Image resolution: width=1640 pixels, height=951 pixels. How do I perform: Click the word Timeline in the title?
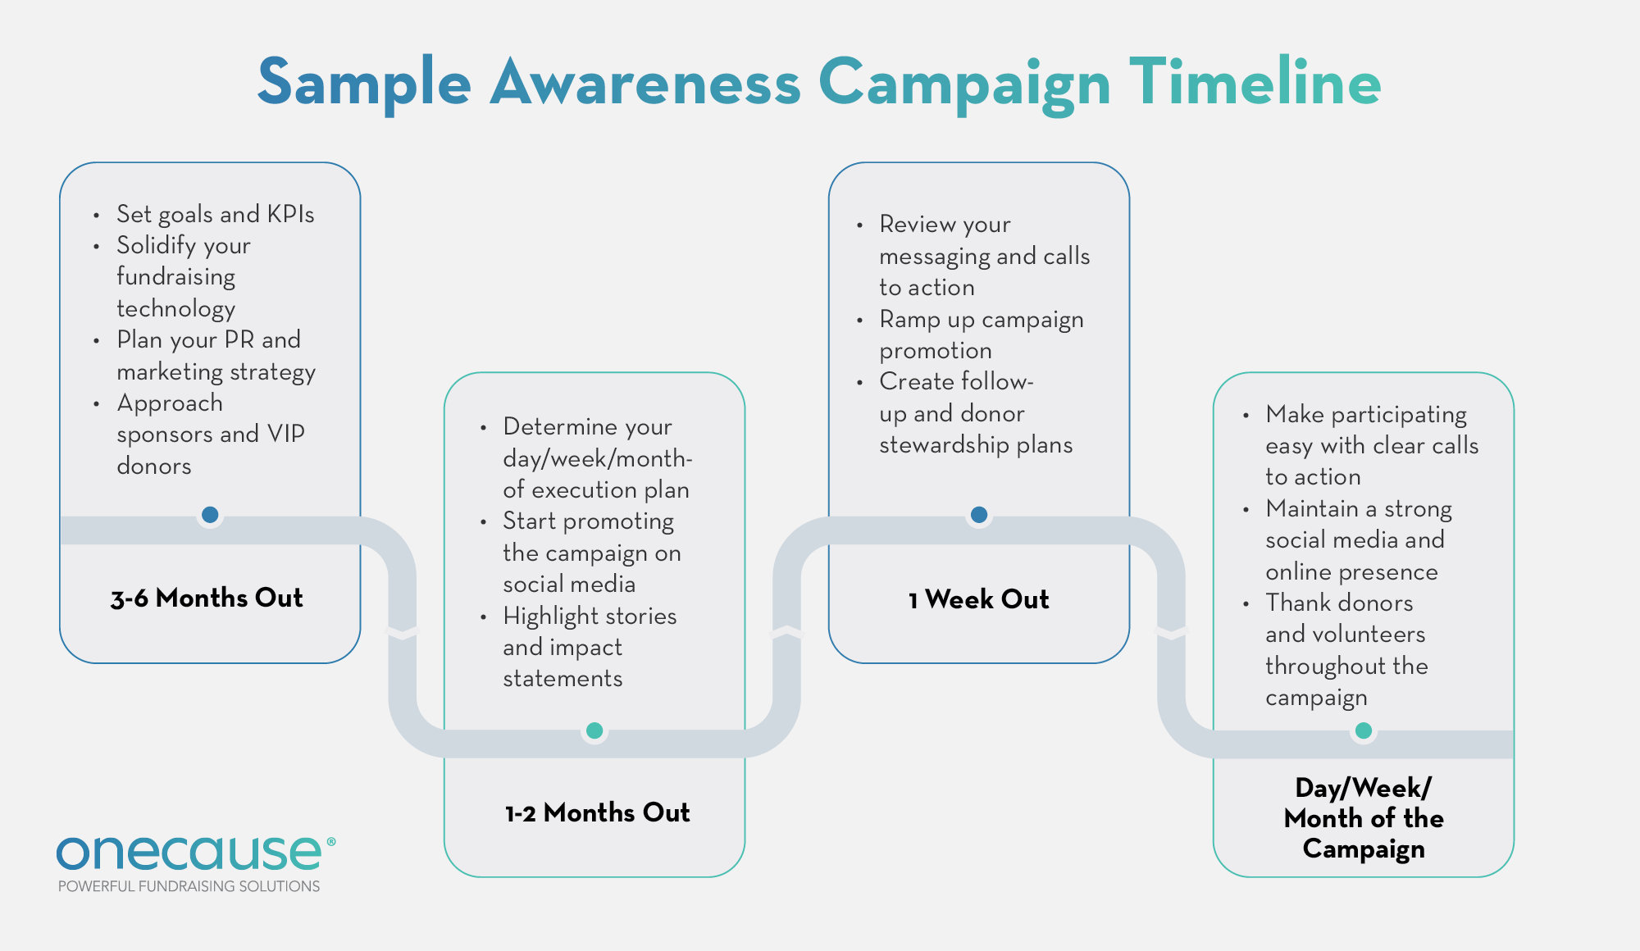pyautogui.click(x=1255, y=82)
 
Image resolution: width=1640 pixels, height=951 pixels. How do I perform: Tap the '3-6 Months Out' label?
pyautogui.click(x=207, y=598)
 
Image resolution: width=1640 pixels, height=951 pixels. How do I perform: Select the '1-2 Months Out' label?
pyautogui.click(x=597, y=812)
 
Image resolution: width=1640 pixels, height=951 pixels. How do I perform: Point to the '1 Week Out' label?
pyautogui.click(x=978, y=599)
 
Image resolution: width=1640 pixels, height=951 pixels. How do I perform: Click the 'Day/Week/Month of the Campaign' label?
pyautogui.click(x=1363, y=817)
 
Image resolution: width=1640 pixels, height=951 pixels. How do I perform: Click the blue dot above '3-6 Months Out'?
pyautogui.click(x=210, y=515)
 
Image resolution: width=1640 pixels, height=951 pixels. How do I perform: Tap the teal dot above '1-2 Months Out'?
pyautogui.click(x=594, y=730)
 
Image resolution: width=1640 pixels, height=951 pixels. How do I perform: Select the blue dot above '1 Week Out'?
pyautogui.click(x=979, y=515)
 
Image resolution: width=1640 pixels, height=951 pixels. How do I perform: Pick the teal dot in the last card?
pyautogui.click(x=1364, y=730)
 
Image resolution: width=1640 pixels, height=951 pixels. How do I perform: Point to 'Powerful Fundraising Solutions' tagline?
pyautogui.click(x=189, y=886)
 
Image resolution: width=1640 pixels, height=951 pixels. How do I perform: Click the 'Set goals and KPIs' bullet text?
pyautogui.click(x=215, y=214)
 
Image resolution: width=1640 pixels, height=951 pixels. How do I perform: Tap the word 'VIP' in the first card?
pyautogui.click(x=285, y=434)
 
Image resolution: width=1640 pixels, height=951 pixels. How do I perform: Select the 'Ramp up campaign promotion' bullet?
pyautogui.click(x=981, y=334)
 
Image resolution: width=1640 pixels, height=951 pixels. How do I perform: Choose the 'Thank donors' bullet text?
pyautogui.click(x=1339, y=603)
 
